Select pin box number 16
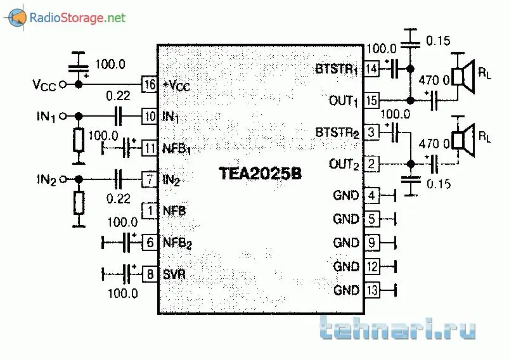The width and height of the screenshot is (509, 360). coord(150,84)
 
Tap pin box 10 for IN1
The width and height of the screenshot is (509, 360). coord(150,116)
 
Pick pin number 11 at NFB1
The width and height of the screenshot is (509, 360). coord(150,148)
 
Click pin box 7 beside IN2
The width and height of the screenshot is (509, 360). coord(150,179)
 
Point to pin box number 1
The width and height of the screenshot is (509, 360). coord(150,210)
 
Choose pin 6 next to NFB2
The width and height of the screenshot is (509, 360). coord(150,241)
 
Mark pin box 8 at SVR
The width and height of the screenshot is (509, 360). coord(150,274)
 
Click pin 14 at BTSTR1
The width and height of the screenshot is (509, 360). coord(371,68)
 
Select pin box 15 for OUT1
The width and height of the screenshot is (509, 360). coord(371,100)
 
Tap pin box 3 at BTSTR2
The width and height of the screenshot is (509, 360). coord(371,132)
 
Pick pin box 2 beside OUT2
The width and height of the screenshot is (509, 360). coord(371,164)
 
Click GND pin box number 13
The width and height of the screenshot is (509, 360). coord(371,290)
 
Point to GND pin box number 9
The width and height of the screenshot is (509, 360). coord(371,243)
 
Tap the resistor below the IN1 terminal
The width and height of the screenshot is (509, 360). coord(79,140)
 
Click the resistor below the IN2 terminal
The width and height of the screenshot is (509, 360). coord(79,203)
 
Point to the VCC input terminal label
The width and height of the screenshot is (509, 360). coord(44,84)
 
